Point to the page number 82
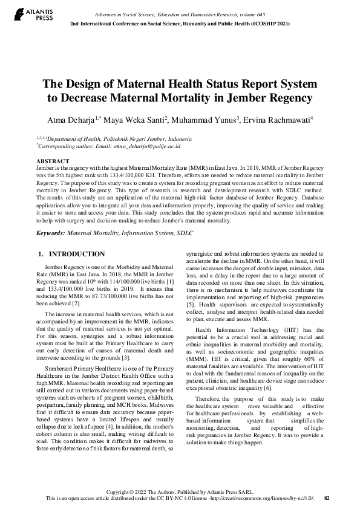pos(327,499)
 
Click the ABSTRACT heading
pos(53,161)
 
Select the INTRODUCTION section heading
pos(76,254)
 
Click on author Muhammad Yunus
pos(207,120)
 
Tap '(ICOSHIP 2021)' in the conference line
pos(273,23)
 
